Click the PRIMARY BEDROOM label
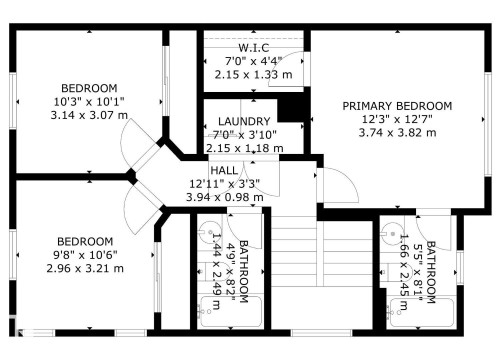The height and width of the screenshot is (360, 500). (x=397, y=105)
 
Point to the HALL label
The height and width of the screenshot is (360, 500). (x=224, y=171)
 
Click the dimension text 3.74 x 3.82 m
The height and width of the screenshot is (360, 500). (x=397, y=131)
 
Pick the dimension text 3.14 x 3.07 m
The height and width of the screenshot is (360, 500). (x=89, y=114)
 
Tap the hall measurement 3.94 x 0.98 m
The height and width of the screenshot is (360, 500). (x=224, y=197)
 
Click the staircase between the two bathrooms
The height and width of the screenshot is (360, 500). (x=294, y=270)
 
